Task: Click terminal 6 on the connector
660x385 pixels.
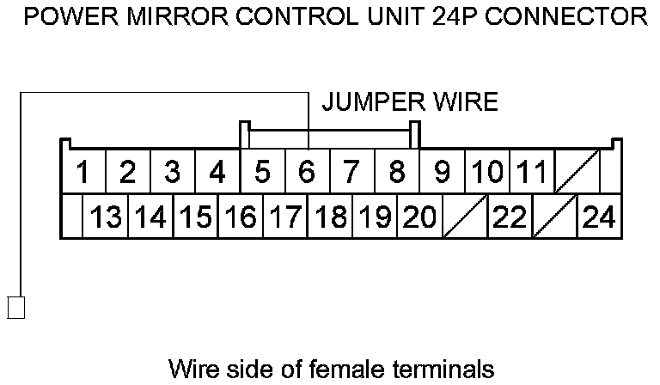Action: (x=307, y=172)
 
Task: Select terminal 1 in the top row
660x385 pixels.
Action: (x=83, y=172)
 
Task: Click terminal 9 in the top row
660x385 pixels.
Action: (x=442, y=172)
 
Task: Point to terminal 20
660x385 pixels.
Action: (x=419, y=217)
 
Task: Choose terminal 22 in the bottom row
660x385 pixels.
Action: (x=510, y=217)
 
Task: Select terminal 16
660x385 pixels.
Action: (x=241, y=217)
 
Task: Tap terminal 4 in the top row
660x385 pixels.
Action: (x=217, y=172)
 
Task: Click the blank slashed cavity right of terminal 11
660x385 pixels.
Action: (x=577, y=172)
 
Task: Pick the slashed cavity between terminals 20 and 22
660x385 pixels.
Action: (x=465, y=217)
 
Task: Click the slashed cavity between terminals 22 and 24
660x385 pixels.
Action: (x=554, y=217)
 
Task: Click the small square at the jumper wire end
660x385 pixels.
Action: (x=16, y=307)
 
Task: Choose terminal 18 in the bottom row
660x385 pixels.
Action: (x=330, y=217)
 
